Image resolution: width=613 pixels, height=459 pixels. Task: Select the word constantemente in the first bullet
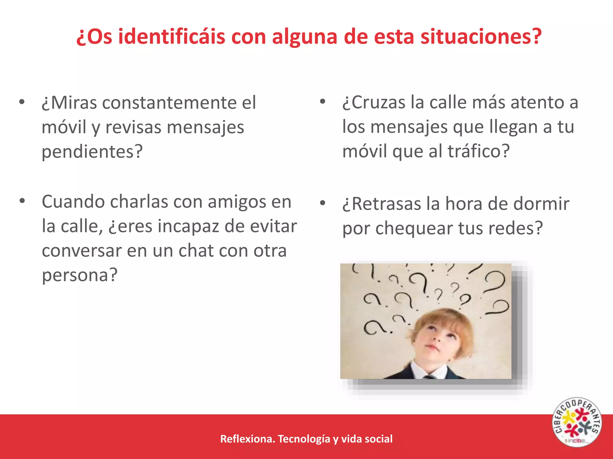[x=169, y=103]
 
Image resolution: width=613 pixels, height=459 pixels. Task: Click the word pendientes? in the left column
[x=92, y=152]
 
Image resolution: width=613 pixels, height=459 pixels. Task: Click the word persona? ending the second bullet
[x=80, y=275]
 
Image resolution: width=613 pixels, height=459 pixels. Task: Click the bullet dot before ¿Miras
[x=22, y=102]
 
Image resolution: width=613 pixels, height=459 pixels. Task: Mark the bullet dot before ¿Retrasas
[x=322, y=203]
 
